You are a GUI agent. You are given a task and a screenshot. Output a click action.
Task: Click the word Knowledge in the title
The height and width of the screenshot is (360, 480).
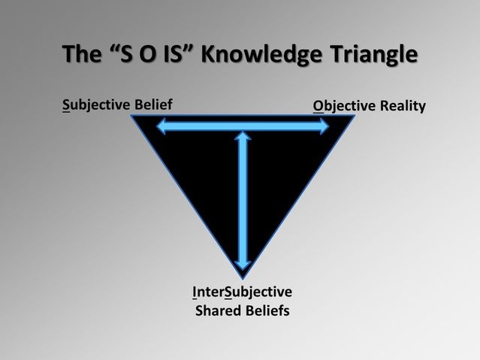[261, 55]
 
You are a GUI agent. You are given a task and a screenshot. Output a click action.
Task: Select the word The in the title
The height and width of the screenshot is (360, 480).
[82, 54]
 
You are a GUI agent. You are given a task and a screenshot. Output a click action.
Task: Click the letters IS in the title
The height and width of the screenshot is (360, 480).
[174, 54]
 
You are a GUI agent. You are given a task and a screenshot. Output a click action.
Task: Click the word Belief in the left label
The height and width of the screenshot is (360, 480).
[149, 104]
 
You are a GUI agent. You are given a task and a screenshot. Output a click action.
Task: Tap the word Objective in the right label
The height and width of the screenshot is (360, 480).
[344, 106]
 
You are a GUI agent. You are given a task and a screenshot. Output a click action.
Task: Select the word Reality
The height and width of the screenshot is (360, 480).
[403, 107]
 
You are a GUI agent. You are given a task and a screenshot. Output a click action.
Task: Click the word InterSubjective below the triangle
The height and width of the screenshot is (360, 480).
[242, 292]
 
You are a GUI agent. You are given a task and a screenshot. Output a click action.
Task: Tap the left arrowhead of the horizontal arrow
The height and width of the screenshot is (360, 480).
[161, 126]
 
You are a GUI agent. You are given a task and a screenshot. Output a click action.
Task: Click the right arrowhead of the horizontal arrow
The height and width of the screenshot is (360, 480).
[325, 126]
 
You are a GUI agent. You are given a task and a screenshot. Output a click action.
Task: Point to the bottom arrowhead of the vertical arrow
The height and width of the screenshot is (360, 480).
[243, 266]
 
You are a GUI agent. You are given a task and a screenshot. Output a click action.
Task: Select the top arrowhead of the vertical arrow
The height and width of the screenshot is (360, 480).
[243, 135]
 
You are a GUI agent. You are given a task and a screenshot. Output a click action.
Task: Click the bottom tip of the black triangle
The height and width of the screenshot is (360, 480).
[243, 279]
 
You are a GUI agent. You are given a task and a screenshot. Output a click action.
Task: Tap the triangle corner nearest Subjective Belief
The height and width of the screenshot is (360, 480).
[131, 116]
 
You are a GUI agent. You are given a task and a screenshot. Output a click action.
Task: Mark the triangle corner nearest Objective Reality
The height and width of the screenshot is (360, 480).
[355, 116]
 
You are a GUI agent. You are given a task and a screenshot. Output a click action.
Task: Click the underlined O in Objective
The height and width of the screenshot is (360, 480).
[318, 106]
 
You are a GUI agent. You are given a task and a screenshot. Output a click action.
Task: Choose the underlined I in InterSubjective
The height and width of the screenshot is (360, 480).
[195, 292]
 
